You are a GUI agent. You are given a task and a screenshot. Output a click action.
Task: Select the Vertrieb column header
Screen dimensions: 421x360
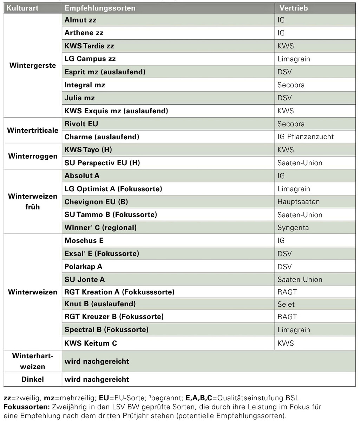pos(293,8)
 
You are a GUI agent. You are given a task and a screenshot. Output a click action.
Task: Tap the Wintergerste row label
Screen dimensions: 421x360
pos(33,66)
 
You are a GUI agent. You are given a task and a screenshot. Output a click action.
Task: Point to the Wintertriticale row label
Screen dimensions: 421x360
pos(33,130)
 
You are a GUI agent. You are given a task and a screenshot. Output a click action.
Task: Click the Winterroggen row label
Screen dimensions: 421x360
pos(33,156)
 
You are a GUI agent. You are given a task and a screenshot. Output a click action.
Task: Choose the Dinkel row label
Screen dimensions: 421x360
pos(33,379)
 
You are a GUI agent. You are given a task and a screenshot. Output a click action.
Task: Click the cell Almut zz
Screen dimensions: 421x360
pos(80,20)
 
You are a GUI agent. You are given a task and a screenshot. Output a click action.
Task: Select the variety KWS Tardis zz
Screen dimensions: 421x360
pos(89,46)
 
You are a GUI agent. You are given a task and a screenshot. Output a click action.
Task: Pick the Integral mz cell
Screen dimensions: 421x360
pos(85,85)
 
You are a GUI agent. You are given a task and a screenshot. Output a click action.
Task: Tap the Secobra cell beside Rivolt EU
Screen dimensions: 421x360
pos(291,124)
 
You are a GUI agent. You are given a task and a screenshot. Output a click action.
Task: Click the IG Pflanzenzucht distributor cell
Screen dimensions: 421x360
pos(306,137)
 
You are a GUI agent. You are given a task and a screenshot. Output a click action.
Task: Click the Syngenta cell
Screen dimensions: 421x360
pos(293,228)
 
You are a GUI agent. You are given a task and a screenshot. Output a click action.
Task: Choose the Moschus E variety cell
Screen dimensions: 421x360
pos(84,241)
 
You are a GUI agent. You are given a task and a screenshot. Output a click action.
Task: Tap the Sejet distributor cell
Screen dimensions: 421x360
pos(286,304)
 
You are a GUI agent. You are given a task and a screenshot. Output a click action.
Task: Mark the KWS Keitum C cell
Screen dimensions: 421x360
pos(91,343)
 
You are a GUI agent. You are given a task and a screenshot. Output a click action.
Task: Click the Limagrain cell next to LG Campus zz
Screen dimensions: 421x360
pos(294,59)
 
